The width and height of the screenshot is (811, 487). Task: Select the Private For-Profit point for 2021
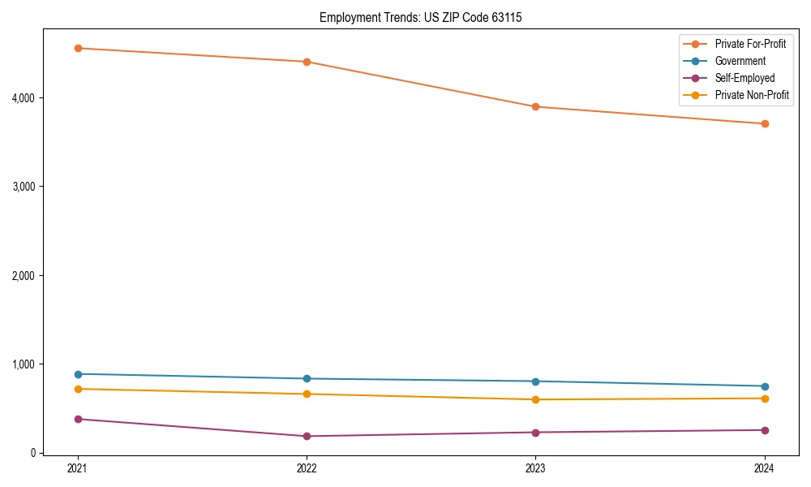pos(78,48)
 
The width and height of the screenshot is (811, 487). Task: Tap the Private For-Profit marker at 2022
pos(307,62)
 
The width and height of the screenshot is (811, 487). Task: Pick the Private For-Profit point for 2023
pos(536,106)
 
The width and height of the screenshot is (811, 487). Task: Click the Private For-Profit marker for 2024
pos(765,123)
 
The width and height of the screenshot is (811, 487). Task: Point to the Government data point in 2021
pos(78,374)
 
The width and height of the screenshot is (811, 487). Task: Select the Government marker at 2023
pos(536,381)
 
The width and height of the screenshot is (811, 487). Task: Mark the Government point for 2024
pos(765,386)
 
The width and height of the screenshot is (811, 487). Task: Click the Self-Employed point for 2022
pos(307,436)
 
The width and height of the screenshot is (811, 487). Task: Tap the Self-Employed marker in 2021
pos(78,419)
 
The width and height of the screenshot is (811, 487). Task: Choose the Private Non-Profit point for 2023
pos(536,399)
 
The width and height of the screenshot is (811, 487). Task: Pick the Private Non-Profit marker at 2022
pos(307,394)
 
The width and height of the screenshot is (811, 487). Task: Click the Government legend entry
pos(740,61)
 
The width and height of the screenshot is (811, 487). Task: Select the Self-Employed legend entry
pos(744,78)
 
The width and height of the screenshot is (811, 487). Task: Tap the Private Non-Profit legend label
pos(752,95)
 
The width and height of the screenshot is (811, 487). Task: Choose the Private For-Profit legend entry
pos(750,44)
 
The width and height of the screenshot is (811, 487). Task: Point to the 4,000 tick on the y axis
pos(28,98)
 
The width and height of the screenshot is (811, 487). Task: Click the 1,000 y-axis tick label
pos(28,364)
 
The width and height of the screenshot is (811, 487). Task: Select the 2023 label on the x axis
pos(536,468)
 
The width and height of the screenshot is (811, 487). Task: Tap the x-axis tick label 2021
pos(78,468)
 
